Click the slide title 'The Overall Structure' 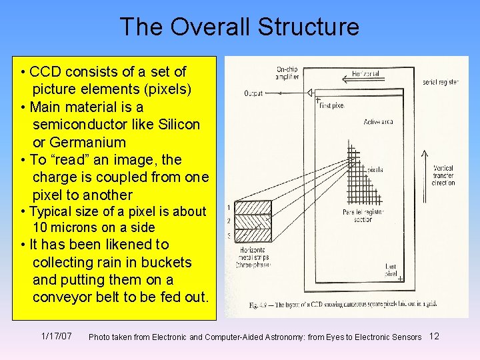239,27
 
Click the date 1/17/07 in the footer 57,335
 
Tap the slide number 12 434,335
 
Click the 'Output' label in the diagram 253,93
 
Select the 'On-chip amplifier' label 287,73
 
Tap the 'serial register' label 440,82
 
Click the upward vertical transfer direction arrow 425,167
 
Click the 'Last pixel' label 391,270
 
